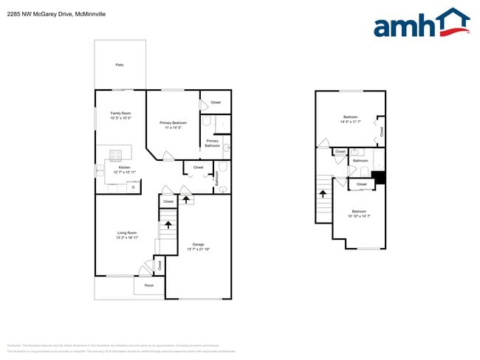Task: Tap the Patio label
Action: [x=120, y=65]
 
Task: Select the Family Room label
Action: [x=120, y=116]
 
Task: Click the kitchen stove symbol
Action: [x=116, y=154]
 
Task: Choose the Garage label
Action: [x=198, y=244]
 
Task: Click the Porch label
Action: [x=148, y=285]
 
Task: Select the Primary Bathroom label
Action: [x=213, y=143]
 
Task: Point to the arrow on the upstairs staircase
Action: [x=322, y=194]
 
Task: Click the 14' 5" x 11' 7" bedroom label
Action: [x=350, y=120]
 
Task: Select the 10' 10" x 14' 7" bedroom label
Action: [x=360, y=213]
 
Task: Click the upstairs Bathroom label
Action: [x=360, y=161]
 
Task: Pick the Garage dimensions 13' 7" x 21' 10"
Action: [x=198, y=249]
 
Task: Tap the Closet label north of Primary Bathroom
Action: [x=216, y=103]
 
